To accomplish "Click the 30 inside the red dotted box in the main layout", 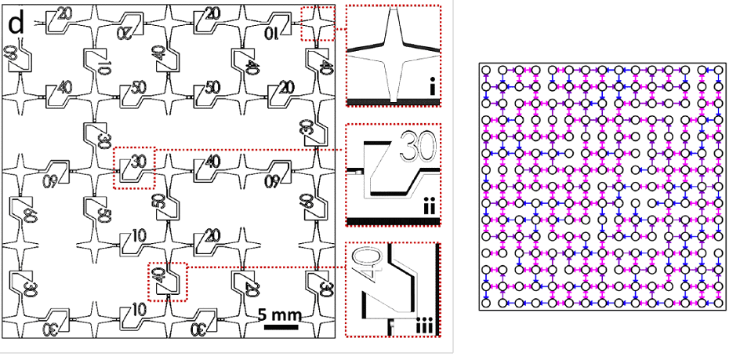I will pos(138,162).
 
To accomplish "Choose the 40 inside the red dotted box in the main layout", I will pos(159,276).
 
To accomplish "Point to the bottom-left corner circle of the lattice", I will pos(486,303).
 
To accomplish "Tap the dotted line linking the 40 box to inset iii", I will pos(267,267).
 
